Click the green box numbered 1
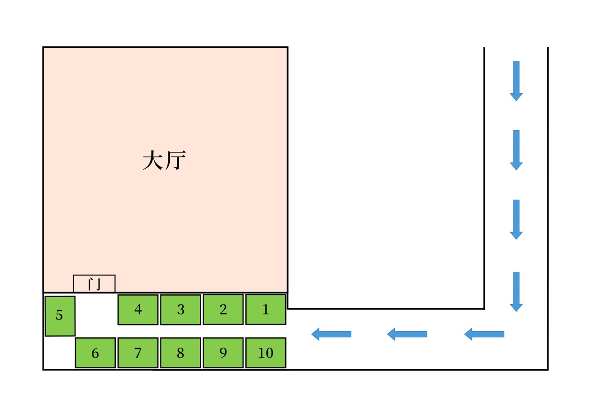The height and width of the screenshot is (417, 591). [265, 309]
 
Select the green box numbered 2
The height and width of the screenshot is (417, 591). [223, 309]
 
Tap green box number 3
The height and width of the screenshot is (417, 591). [181, 310]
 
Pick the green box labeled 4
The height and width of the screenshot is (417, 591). [138, 310]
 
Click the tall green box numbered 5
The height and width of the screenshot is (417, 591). [60, 316]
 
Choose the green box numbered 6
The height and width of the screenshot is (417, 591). [95, 353]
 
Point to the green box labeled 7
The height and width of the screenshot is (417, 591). [138, 353]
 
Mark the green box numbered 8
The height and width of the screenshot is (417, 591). [181, 353]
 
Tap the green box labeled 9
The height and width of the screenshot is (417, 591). [223, 353]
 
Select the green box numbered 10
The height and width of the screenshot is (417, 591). [265, 353]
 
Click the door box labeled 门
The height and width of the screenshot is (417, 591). [94, 283]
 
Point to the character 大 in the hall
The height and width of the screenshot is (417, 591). [152, 161]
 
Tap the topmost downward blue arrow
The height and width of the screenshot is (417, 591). [516, 81]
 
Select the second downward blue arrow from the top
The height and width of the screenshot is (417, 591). [516, 150]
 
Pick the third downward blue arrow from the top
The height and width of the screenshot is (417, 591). [516, 219]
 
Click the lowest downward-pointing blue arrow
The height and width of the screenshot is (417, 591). [516, 291]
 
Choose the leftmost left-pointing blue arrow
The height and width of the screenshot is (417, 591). [331, 334]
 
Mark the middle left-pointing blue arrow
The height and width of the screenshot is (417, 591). [407, 334]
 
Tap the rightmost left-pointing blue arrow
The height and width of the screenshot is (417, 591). [484, 334]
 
